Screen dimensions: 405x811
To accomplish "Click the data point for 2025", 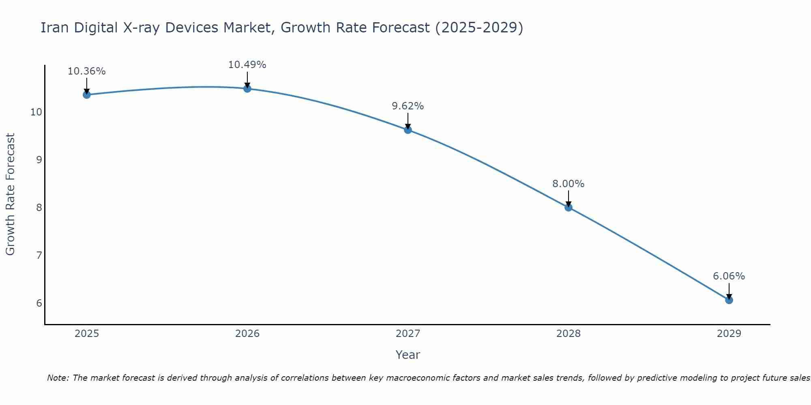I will (86, 95).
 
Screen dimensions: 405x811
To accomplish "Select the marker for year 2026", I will (247, 89).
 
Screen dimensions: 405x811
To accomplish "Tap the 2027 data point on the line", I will (408, 130).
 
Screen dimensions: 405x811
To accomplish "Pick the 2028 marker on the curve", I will (569, 207).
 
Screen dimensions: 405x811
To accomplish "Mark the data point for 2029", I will (729, 300).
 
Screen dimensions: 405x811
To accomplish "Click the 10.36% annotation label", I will (86, 71).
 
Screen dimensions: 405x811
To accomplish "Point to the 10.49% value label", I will (247, 65).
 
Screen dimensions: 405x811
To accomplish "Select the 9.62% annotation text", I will (408, 106).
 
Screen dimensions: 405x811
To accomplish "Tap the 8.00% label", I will (569, 184).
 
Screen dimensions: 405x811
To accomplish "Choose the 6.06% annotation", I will (729, 276).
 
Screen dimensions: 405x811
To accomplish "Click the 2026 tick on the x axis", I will (247, 334).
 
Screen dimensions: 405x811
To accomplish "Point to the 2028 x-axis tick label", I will (569, 334).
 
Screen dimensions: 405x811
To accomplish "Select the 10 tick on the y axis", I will (36, 112).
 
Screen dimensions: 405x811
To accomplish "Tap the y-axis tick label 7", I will (39, 256).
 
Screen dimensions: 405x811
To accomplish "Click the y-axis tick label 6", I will (39, 303).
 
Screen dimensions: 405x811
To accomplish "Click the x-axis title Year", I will (408, 355).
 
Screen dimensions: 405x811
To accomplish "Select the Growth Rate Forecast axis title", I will (10, 194).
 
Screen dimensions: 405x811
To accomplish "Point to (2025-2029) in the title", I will (479, 28).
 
